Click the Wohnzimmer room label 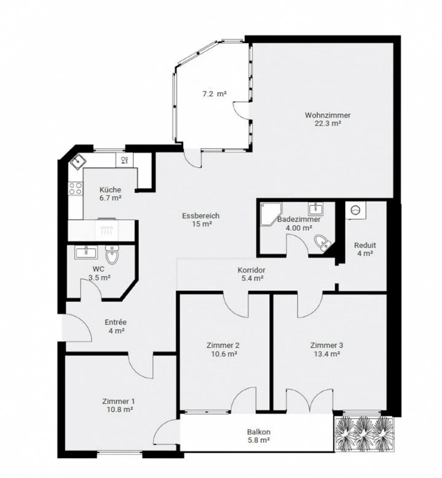pyautogui.click(x=328, y=115)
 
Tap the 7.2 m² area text pyautogui.click(x=214, y=94)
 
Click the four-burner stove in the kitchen pyautogui.click(x=75, y=188)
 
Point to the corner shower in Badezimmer pyautogui.click(x=271, y=214)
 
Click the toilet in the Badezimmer pyautogui.click(x=322, y=243)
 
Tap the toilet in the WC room pyautogui.click(x=112, y=254)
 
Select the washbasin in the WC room pyautogui.click(x=87, y=252)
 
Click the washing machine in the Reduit pyautogui.click(x=355, y=210)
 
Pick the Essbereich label pyautogui.click(x=201, y=216)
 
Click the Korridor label pyautogui.click(x=251, y=270)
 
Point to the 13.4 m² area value pyautogui.click(x=327, y=354)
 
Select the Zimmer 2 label pyautogui.click(x=223, y=345)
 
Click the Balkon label pyautogui.click(x=259, y=432)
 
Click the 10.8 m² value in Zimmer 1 pyautogui.click(x=118, y=409)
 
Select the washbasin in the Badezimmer pyautogui.click(x=315, y=208)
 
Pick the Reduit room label pyautogui.click(x=365, y=245)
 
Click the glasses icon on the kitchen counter pyautogui.click(x=124, y=160)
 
